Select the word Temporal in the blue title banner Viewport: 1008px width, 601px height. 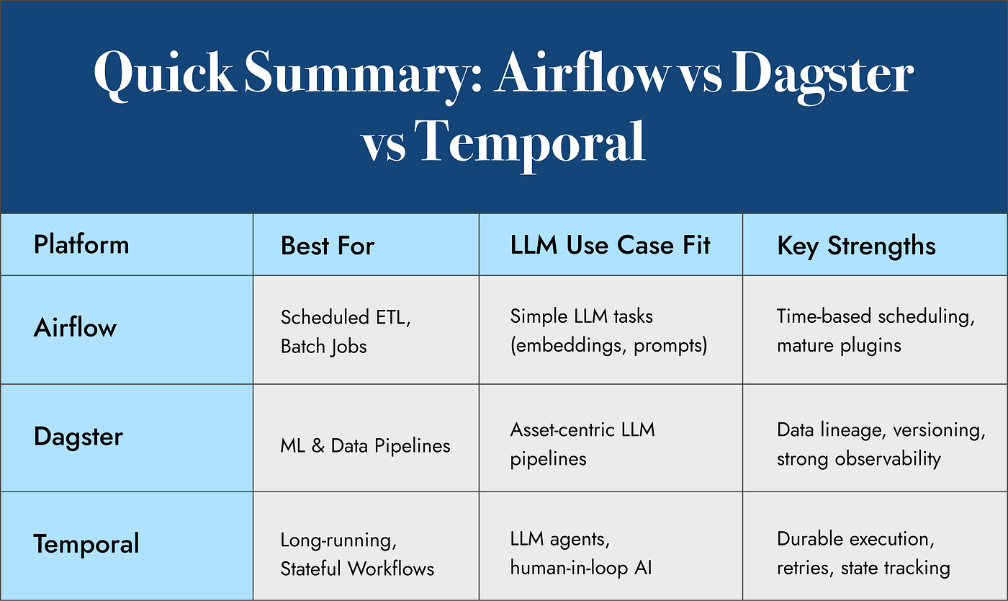click(531, 141)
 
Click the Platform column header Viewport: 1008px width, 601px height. click(81, 245)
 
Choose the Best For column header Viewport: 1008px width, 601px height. click(328, 246)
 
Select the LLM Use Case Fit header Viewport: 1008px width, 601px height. click(610, 245)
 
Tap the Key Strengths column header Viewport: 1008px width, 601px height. click(856, 246)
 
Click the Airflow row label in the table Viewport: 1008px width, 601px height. click(75, 328)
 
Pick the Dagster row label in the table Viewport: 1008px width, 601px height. click(78, 437)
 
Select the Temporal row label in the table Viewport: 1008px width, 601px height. click(86, 544)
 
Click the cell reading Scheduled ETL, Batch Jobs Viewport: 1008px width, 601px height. click(346, 331)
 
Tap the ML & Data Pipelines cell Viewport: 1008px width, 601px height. click(365, 446)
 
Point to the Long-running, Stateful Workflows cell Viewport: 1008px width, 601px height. click(357, 554)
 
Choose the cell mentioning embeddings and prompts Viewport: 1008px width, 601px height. click(608, 331)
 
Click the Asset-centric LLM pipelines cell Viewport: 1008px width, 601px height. click(582, 444)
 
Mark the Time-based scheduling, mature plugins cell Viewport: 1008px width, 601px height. click(875, 331)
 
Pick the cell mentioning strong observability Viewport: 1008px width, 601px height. click(858, 459)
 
